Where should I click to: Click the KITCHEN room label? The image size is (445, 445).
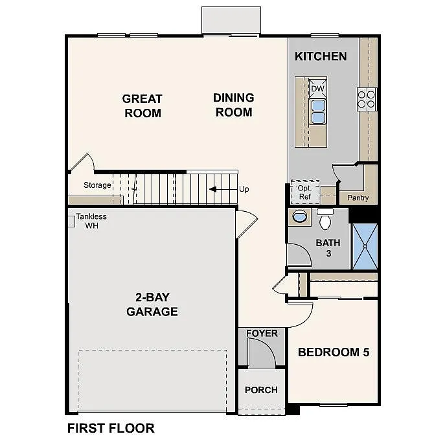click(x=321, y=56)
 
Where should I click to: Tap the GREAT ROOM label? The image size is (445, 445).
click(x=142, y=106)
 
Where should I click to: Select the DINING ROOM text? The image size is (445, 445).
click(x=233, y=104)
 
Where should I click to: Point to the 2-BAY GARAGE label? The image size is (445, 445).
click(x=152, y=304)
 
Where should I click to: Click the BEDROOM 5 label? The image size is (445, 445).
click(x=333, y=352)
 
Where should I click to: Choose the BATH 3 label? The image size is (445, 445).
click(x=328, y=248)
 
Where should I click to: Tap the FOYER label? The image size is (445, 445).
click(x=262, y=334)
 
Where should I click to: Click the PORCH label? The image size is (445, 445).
click(x=261, y=390)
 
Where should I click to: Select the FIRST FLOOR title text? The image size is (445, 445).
click(x=111, y=428)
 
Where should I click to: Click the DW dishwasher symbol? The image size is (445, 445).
click(x=317, y=89)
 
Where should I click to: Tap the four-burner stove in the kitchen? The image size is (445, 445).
click(x=366, y=98)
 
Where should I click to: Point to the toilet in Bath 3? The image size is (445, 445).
click(x=325, y=220)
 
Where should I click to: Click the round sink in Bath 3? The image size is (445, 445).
click(x=300, y=216)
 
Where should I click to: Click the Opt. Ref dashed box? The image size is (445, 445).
click(x=304, y=192)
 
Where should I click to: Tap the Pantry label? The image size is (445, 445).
click(x=358, y=198)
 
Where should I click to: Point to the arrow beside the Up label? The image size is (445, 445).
click(x=222, y=189)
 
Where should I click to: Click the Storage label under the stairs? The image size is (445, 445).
click(x=97, y=185)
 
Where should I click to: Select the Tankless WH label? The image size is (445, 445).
click(x=91, y=221)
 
